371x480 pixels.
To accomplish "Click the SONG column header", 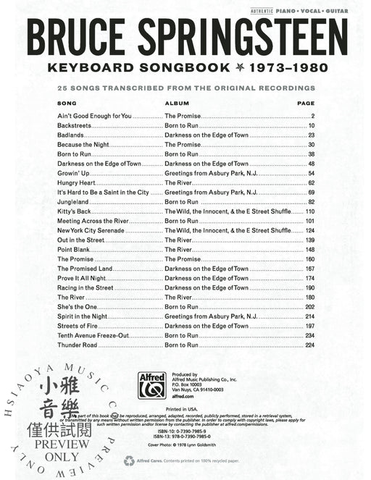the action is coord(66,104).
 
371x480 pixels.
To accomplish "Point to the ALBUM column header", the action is coord(177,104).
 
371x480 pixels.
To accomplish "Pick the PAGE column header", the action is coord(305,104).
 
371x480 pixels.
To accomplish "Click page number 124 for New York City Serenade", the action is coord(307,230).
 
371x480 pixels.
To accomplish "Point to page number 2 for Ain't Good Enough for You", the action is coord(312,116).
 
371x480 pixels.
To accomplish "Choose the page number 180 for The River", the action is coord(307,296).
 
